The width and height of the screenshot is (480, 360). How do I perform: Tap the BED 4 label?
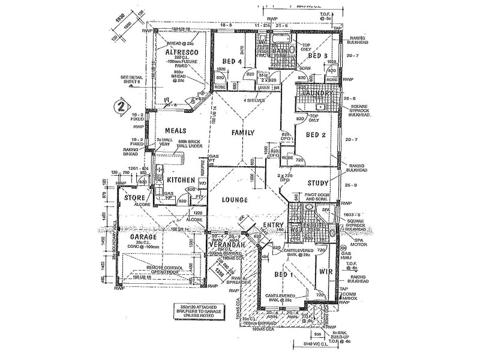(232, 61)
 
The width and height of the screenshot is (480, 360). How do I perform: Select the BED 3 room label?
(317, 56)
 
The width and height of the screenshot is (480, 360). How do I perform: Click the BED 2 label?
(316, 135)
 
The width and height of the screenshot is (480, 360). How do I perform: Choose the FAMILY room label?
(243, 133)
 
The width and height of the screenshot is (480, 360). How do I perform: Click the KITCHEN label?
(180, 180)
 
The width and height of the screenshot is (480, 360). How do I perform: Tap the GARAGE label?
(143, 237)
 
